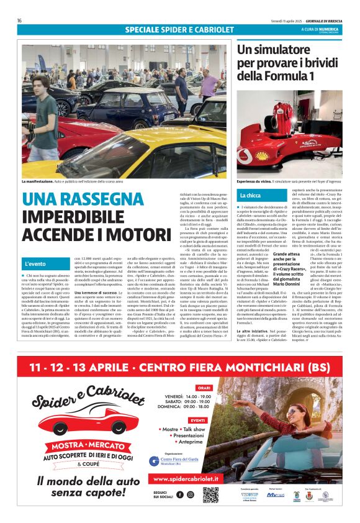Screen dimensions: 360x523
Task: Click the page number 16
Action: coord(19,20)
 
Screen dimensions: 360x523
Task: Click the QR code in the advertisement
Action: coord(210,494)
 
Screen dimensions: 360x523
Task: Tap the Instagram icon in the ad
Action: coord(191,494)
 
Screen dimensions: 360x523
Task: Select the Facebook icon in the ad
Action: coord(180,494)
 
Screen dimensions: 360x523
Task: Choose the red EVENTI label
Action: coord(199,420)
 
